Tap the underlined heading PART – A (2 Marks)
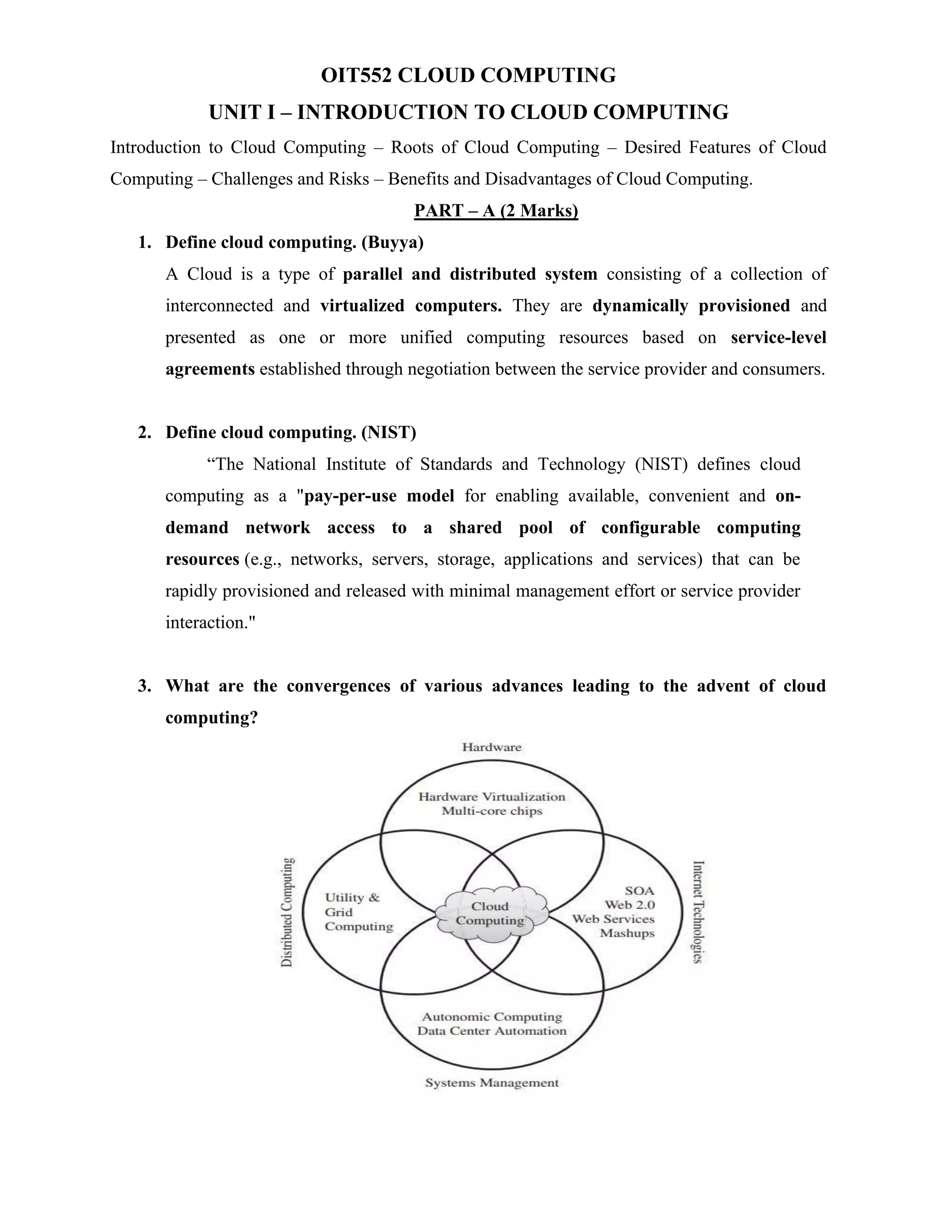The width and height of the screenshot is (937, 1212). [x=495, y=211]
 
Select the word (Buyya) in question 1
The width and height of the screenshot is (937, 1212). [x=392, y=242]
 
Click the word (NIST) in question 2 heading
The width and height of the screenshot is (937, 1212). [x=388, y=432]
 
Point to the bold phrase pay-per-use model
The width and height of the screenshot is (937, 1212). [x=379, y=496]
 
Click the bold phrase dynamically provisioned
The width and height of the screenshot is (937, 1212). [x=691, y=306]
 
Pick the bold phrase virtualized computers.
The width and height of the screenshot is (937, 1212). [x=411, y=306]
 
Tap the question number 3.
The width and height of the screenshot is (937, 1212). [x=144, y=686]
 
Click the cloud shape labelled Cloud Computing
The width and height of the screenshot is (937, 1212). [x=491, y=913]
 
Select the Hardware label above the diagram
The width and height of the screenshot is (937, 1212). [x=492, y=747]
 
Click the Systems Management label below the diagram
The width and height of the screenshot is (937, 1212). [x=492, y=1083]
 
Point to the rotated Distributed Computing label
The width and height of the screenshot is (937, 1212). [x=286, y=913]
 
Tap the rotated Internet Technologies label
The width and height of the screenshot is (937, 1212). [x=698, y=912]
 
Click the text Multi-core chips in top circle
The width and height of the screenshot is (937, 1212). [x=492, y=811]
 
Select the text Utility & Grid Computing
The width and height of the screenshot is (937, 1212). [x=358, y=912]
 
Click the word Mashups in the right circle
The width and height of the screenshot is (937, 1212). [x=627, y=933]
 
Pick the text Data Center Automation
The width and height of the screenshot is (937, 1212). [x=492, y=1030]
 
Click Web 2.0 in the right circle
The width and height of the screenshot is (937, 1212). [x=630, y=905]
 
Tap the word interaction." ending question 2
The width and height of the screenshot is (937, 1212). [x=210, y=622]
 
